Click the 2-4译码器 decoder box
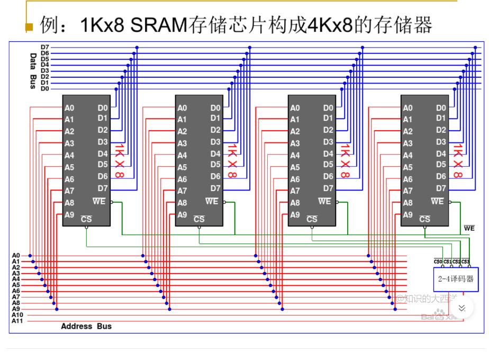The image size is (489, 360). (x=455, y=278)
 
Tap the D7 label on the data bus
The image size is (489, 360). (x=45, y=48)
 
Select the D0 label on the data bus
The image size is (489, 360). (x=45, y=89)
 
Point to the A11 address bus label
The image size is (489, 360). (x=16, y=321)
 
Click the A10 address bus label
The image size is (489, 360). (x=16, y=315)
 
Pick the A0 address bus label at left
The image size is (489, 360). (x=16, y=255)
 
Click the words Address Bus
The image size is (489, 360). (x=86, y=326)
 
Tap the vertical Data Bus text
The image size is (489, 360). (x=32, y=70)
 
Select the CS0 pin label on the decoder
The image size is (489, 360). (x=438, y=262)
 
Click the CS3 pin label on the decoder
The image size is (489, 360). (x=465, y=262)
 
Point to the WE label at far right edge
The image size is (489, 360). (x=469, y=228)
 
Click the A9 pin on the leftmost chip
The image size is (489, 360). (x=69, y=215)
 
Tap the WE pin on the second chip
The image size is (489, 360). (x=212, y=201)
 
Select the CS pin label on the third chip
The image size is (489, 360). (x=312, y=219)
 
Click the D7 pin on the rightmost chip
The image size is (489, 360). (x=441, y=188)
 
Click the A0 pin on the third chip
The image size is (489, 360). (x=295, y=108)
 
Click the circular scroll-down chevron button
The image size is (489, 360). (x=461, y=308)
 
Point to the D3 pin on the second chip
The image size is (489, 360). (x=215, y=142)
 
